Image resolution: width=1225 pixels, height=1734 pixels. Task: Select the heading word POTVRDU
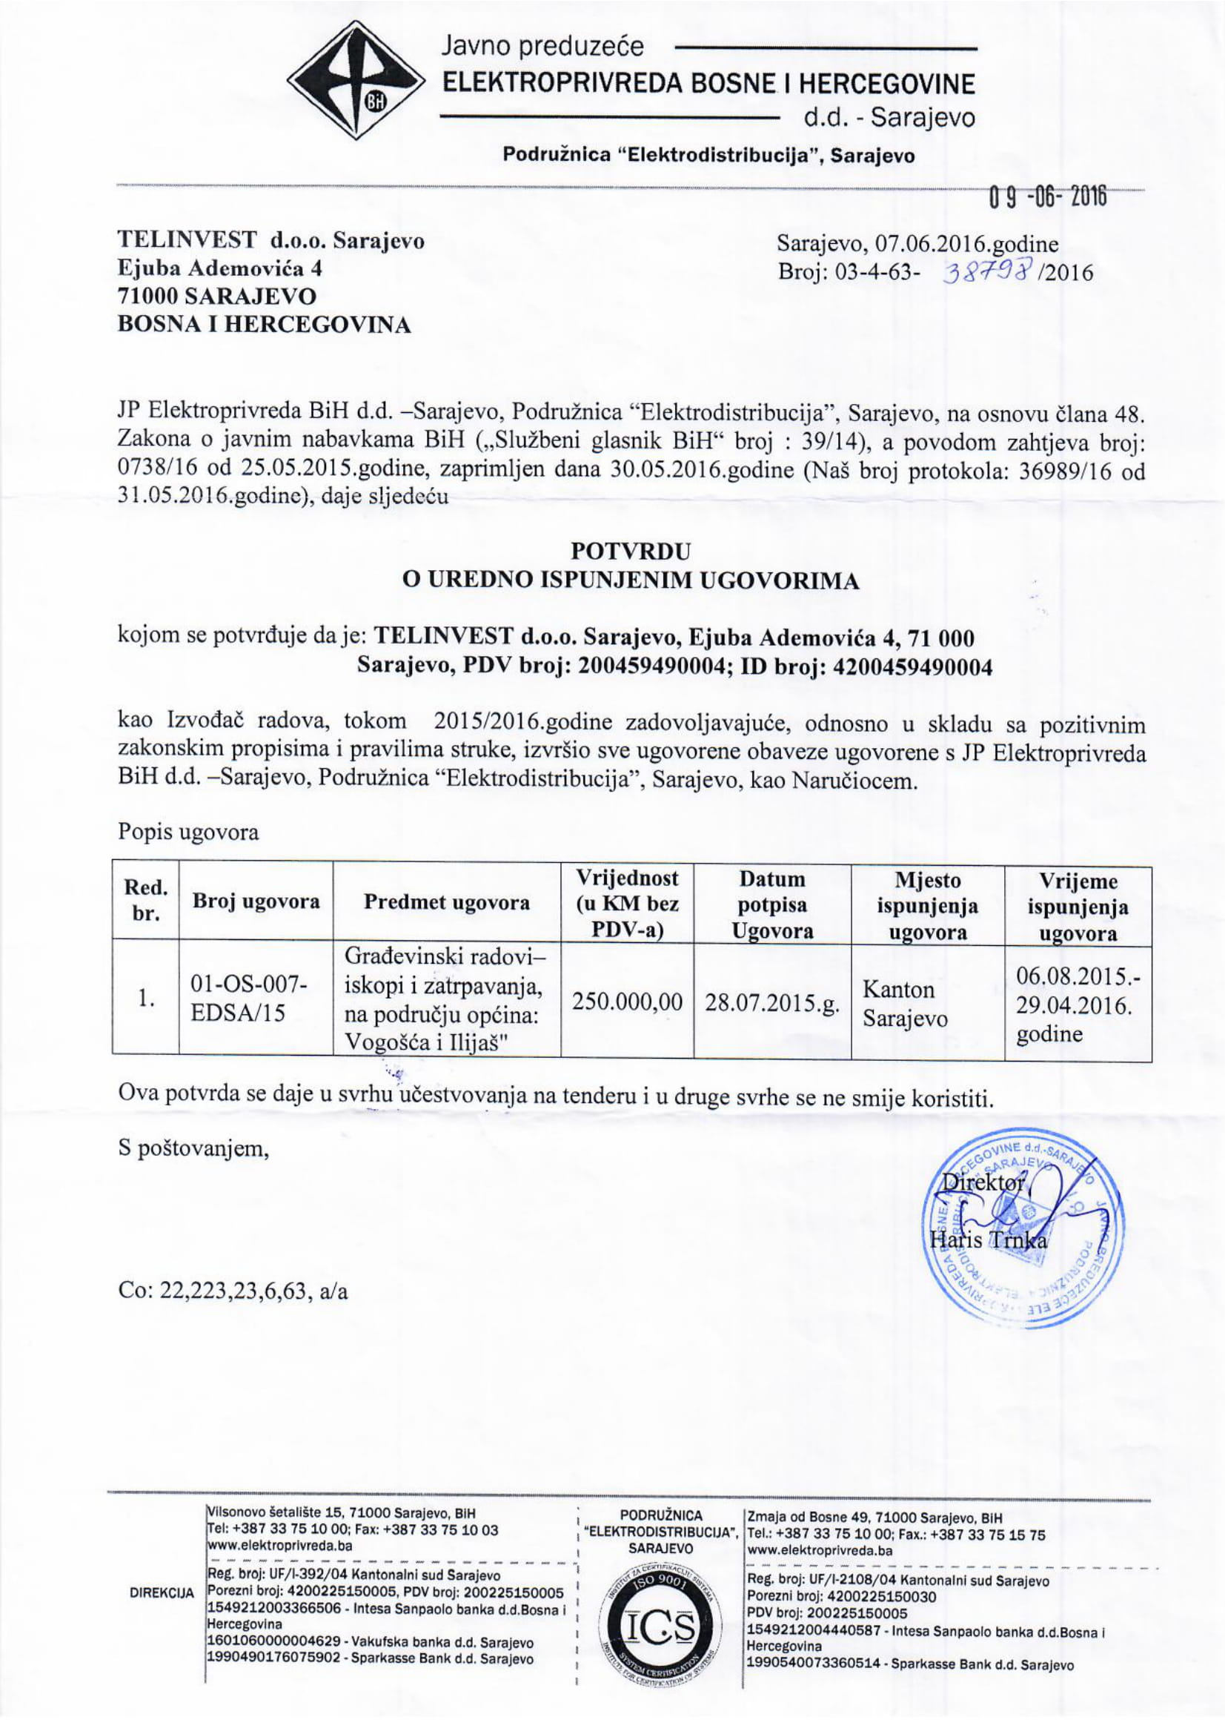(631, 551)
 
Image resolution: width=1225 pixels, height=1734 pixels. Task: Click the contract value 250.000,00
(628, 1002)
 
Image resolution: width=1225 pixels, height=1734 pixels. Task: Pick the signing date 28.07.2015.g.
(771, 1003)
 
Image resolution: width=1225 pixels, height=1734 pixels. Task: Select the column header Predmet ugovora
(446, 902)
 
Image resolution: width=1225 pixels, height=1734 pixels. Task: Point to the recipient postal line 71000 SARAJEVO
(216, 295)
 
